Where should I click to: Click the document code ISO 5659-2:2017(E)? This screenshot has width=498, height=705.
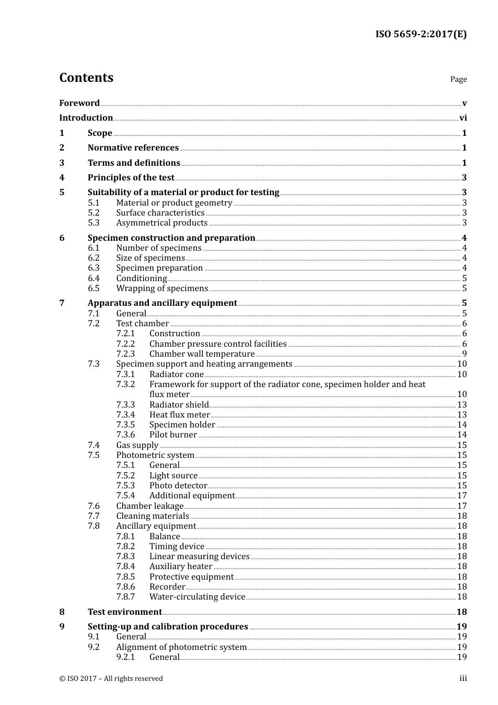click(420, 35)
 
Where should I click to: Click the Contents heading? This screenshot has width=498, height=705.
click(86, 78)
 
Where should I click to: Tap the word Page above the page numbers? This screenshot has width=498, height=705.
click(458, 79)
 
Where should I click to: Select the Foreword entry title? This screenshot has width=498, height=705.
click(79, 103)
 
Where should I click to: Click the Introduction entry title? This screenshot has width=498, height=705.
click(86, 118)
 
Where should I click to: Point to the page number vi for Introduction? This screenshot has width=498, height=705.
click(463, 118)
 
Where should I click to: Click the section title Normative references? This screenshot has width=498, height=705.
click(133, 148)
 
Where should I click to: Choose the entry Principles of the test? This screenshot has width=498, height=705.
click(131, 178)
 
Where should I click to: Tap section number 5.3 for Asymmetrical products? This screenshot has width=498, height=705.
click(93, 223)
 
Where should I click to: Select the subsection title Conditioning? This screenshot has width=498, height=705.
click(142, 279)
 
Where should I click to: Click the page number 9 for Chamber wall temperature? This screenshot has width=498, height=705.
click(464, 354)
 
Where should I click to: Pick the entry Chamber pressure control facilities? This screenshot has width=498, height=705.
click(218, 344)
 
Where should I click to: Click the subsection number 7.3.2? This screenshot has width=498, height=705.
click(125, 384)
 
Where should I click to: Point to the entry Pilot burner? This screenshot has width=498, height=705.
click(173, 435)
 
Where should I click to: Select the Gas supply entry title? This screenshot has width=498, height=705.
click(137, 445)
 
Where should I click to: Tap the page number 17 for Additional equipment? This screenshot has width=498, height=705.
click(462, 496)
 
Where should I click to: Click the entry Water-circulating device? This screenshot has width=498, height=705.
click(197, 597)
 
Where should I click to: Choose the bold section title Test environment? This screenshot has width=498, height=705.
click(125, 612)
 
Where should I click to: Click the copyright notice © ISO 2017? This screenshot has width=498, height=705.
click(111, 679)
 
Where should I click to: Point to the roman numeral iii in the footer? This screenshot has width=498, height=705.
click(463, 678)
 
